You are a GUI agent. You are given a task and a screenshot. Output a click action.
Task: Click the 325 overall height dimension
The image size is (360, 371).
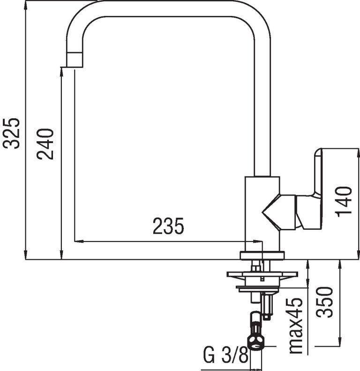tap(12, 133)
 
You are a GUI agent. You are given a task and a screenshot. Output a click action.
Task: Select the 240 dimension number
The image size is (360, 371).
tap(45, 144)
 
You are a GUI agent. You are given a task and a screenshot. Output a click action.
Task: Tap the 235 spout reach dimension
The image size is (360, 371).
tap(168, 226)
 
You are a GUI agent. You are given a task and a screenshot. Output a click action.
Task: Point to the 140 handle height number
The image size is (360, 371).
tap(344, 202)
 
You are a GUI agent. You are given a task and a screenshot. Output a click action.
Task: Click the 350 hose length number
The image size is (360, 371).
tap(324, 302)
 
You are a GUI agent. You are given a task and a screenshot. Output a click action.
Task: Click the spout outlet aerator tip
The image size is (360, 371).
tap(75, 60)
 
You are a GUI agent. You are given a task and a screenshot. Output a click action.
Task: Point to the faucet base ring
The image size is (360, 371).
tap(262, 256)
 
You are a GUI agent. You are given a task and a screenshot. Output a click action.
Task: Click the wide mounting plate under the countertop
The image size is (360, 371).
tap(262, 274)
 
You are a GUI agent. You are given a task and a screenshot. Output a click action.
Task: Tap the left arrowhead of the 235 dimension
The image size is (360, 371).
tap(79, 242)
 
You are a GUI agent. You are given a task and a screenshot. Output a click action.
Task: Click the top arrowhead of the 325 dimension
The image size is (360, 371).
tap(25, 5)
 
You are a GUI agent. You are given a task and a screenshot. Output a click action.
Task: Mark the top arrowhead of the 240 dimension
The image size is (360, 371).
tap(62, 72)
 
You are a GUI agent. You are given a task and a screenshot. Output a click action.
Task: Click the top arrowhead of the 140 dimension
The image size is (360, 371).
tap(358, 153)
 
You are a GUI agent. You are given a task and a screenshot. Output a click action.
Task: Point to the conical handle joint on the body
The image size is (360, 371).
tap(279, 212)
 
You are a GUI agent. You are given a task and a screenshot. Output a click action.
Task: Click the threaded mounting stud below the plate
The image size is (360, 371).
tap(268, 306)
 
